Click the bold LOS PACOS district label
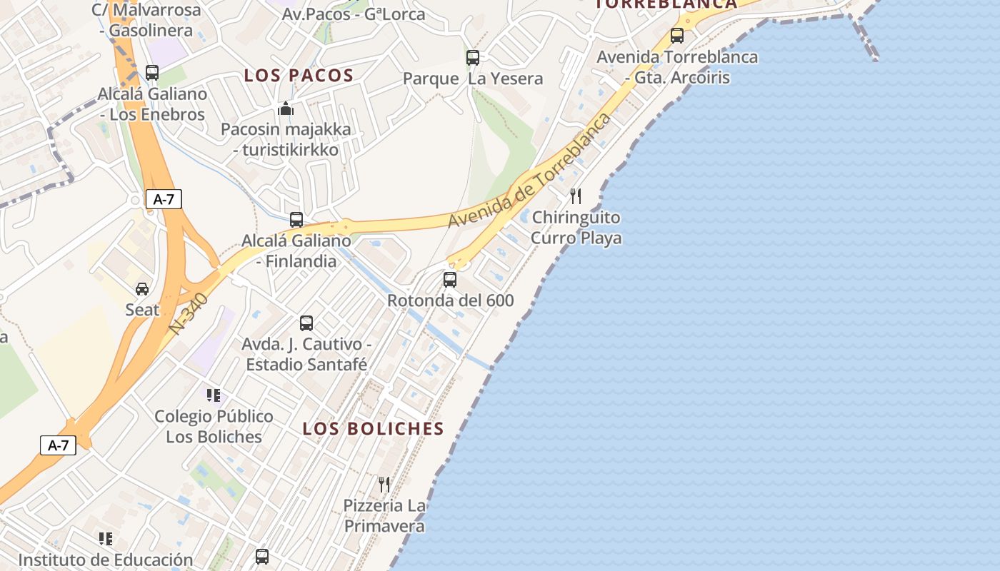coord(299,75)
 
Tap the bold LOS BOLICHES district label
coord(373,428)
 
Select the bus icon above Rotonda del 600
coord(450,279)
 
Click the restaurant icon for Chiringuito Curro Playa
coord(576,196)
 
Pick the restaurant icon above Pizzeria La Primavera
coord(384,485)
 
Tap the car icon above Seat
coord(142,288)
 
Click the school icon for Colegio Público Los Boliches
coord(213,395)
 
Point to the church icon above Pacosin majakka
coord(286,109)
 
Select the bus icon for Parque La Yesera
coord(473,58)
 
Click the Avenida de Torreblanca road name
coord(530,171)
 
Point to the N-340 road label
coord(189,314)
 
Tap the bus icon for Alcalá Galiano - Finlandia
coord(296,220)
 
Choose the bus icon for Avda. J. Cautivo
coord(306,323)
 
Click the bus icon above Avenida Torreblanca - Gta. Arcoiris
coord(677,35)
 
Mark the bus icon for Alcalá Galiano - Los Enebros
coord(152,72)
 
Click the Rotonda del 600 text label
coord(450,300)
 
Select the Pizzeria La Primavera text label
coord(384,516)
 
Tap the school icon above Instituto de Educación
coord(106,539)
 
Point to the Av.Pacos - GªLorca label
coord(354,14)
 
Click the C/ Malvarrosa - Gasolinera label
coord(146,21)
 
